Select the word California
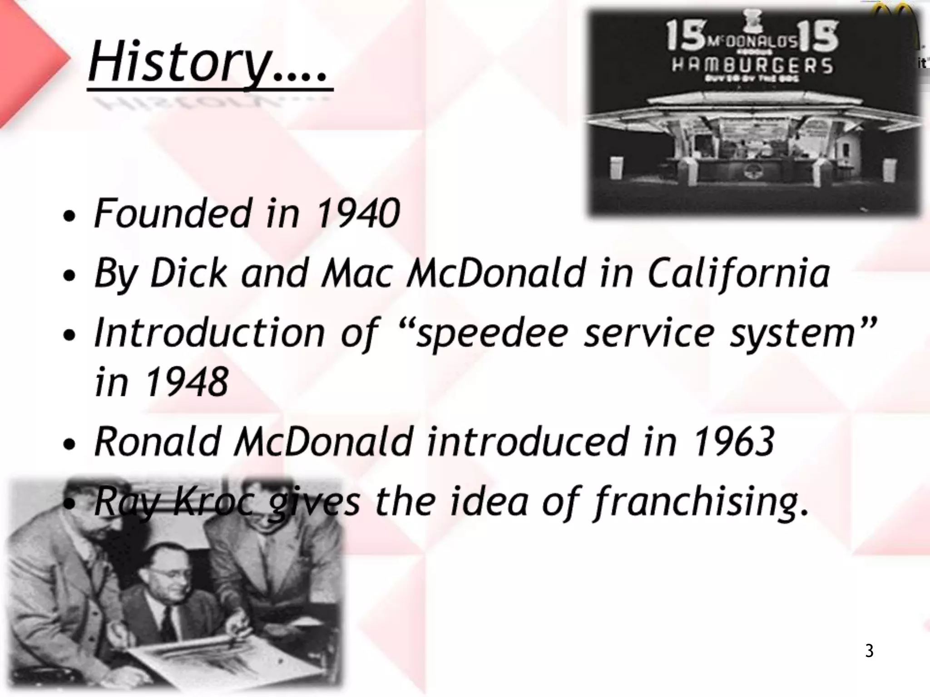[738, 273]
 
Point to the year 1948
[187, 382]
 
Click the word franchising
[695, 502]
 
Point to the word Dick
[188, 273]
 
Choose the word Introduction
[209, 333]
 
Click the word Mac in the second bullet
[356, 273]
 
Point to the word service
[650, 333]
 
